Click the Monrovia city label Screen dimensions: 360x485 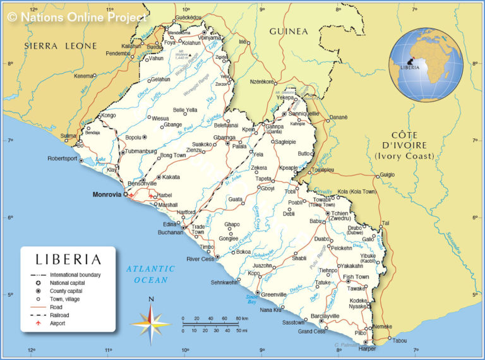coord(106,195)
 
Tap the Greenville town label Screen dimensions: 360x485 coord(274,294)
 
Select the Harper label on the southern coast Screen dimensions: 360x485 coord(366,349)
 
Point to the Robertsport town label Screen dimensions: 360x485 coord(63,159)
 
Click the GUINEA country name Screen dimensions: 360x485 coord(289,31)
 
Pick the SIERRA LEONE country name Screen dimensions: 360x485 coord(61,45)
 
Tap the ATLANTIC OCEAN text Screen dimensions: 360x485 coord(150,274)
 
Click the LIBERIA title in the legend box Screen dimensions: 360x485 coord(68,259)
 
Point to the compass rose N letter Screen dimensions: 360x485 coord(150,299)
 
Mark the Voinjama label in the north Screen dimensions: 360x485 coord(210,37)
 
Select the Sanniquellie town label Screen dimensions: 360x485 coord(305,114)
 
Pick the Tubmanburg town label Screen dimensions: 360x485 coord(141,151)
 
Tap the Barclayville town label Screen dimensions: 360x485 coord(326,316)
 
